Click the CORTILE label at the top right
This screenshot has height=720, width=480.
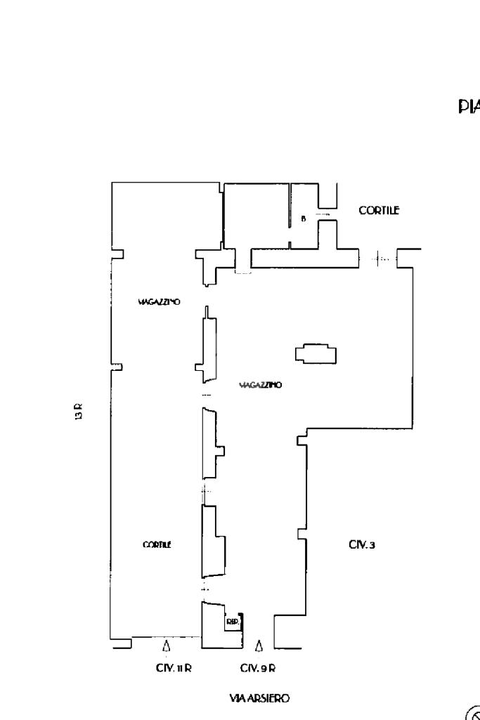click(x=380, y=210)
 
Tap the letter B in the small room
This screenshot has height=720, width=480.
click(x=304, y=218)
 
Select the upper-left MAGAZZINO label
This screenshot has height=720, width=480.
click(x=160, y=301)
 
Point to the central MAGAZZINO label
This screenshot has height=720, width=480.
click(x=260, y=386)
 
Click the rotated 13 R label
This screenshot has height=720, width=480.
click(x=79, y=411)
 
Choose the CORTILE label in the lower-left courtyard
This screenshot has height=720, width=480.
click(x=158, y=544)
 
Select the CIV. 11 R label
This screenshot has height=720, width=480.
click(x=169, y=669)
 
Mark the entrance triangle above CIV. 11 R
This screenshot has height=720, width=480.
click(x=167, y=644)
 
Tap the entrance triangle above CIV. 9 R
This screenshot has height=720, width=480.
click(x=259, y=644)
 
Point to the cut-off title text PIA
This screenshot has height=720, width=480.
click(x=469, y=107)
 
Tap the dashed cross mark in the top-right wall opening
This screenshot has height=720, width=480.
click(x=380, y=258)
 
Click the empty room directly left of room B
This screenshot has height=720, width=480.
click(x=257, y=214)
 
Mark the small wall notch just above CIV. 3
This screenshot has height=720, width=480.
click(x=301, y=534)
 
